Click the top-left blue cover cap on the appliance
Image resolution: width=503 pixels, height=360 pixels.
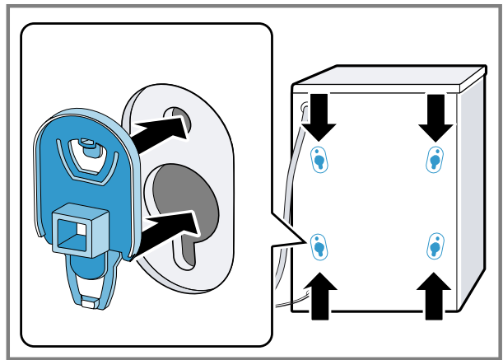click(319, 160)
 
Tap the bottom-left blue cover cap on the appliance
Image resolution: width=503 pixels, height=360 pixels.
click(319, 245)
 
